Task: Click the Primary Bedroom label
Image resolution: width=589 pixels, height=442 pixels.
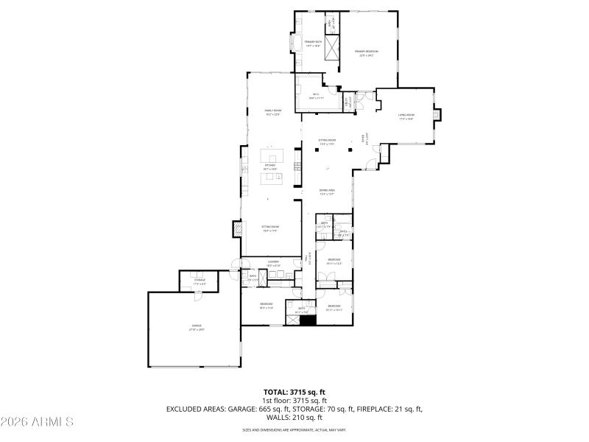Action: pyautogui.click(x=368, y=52)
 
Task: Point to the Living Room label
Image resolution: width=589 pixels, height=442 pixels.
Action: pyautogui.click(x=406, y=116)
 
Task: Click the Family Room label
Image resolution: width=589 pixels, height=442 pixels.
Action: pyautogui.click(x=273, y=112)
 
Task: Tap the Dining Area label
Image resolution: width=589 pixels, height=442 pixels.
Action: pyautogui.click(x=327, y=192)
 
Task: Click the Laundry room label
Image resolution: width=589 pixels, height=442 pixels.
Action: pyautogui.click(x=272, y=263)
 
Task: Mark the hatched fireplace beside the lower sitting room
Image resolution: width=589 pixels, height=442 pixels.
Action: pyautogui.click(x=237, y=229)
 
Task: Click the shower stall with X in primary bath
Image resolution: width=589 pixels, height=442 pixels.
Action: pyautogui.click(x=334, y=50)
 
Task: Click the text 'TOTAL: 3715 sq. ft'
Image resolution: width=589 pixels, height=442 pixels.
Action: pyautogui.click(x=294, y=392)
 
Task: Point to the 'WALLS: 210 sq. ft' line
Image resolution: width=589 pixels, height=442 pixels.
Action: pyautogui.click(x=294, y=417)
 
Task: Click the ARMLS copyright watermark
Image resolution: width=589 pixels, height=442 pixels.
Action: pyautogui.click(x=37, y=422)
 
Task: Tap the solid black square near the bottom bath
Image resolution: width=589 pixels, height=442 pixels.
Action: pyautogui.click(x=308, y=321)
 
